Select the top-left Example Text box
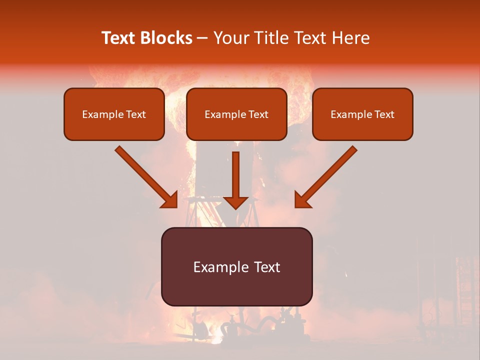[114, 114]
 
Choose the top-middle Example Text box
[236, 114]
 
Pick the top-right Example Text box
[362, 114]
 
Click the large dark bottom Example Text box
[236, 267]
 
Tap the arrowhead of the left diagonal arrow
[170, 200]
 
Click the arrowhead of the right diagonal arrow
[302, 200]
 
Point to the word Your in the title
[228, 38]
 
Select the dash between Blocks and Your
[202, 38]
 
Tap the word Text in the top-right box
[384, 114]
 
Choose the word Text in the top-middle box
[258, 114]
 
